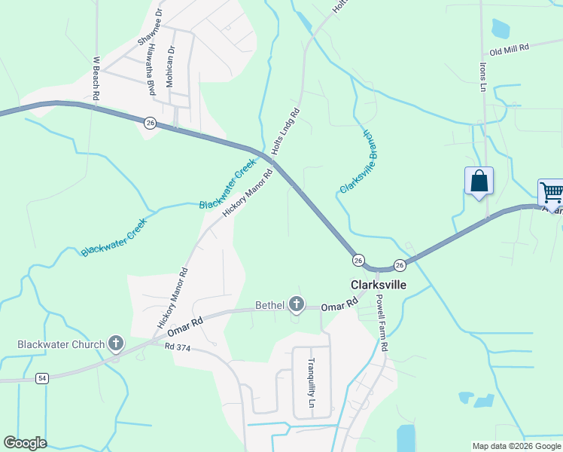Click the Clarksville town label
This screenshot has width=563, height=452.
[379, 285]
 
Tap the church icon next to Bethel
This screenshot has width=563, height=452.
[297, 304]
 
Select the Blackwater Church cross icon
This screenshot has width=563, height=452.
[115, 344]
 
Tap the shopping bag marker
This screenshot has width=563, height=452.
[479, 182]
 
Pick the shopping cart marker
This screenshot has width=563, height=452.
[552, 193]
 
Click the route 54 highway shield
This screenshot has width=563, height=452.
[42, 378]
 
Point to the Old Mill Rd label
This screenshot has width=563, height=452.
[510, 47]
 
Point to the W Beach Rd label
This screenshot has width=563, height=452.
[96, 78]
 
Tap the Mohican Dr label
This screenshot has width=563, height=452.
[171, 66]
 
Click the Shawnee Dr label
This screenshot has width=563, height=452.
[148, 28]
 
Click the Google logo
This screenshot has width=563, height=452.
[25, 443]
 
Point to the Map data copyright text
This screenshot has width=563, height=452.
[516, 446]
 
